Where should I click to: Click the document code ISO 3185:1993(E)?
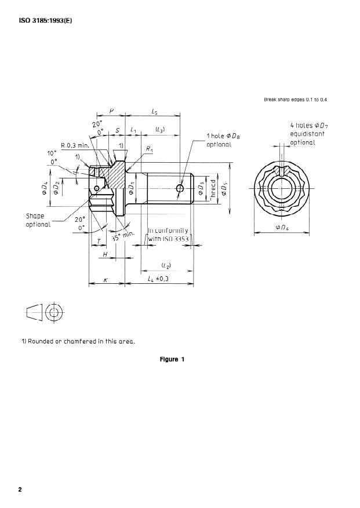45,24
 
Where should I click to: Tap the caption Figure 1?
172,359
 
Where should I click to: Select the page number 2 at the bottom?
20,490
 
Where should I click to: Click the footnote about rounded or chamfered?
78,341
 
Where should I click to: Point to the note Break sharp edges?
296,100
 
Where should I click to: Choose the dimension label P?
111,109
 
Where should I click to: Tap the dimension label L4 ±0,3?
158,279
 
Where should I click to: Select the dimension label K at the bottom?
106,279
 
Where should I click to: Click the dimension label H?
105,254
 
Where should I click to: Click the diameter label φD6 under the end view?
282,228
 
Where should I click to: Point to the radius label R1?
150,149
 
